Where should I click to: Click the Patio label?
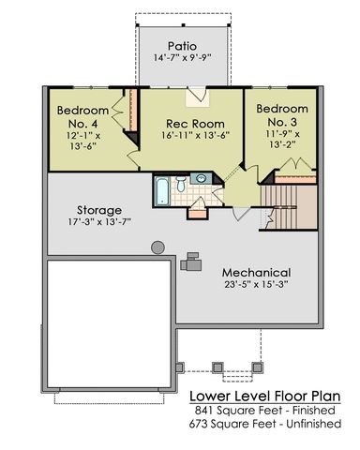click(x=182, y=46)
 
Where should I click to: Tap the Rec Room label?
click(x=195, y=124)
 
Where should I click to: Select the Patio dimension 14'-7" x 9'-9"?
click(x=183, y=58)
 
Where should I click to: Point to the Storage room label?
click(x=99, y=210)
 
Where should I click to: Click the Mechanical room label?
click(x=256, y=273)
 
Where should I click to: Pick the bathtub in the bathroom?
click(x=162, y=191)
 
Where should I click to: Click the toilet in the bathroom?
click(x=181, y=184)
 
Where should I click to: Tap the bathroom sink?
click(x=200, y=178)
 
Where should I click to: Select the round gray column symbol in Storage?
click(x=157, y=247)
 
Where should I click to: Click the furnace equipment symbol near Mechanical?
click(x=191, y=262)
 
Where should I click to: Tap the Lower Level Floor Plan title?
click(x=265, y=397)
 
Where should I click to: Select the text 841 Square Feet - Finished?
click(x=265, y=411)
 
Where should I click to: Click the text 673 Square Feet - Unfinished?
click(x=265, y=424)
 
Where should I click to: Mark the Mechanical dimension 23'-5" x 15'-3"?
click(x=256, y=285)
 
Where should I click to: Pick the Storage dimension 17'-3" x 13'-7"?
click(x=99, y=222)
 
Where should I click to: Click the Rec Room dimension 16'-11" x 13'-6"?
click(x=196, y=135)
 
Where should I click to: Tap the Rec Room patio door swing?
click(x=198, y=96)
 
